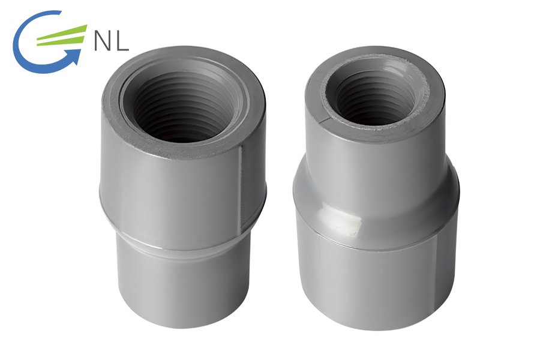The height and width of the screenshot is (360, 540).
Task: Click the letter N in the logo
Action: pyautogui.click(x=102, y=41)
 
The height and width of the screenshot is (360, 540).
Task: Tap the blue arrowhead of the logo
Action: pyautogui.click(x=74, y=56)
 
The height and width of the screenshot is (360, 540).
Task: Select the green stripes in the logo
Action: pyautogui.click(x=61, y=35)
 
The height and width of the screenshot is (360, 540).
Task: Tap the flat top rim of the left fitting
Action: pyautogui.click(x=113, y=113)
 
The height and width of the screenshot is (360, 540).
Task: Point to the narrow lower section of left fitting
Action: pyautogui.click(x=183, y=286)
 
